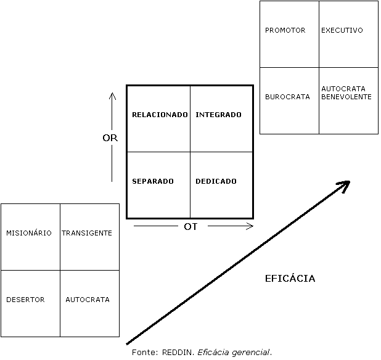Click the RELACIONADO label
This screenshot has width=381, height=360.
coord(160,115)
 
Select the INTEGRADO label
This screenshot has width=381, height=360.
coord(218,115)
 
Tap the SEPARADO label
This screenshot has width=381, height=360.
coord(153,181)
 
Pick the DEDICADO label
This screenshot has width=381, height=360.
coord(216,181)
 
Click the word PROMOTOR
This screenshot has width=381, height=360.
coord(285,30)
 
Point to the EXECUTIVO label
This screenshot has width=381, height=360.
coord(342,30)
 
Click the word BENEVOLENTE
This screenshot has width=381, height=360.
coord(346,97)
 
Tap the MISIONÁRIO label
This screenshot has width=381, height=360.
coord(29,233)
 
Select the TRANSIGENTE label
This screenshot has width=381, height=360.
coord(87,233)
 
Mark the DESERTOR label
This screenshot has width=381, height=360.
coord(25,300)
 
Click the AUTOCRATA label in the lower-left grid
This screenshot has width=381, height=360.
coord(88,300)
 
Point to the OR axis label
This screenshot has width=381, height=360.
coord(110,138)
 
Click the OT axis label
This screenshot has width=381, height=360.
coord(191,227)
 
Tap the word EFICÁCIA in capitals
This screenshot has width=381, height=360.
coord(290,279)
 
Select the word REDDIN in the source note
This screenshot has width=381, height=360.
coord(176,353)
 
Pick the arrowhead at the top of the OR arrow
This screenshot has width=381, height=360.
coord(112,95)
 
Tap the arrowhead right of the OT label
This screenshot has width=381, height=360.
coord(250,226)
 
